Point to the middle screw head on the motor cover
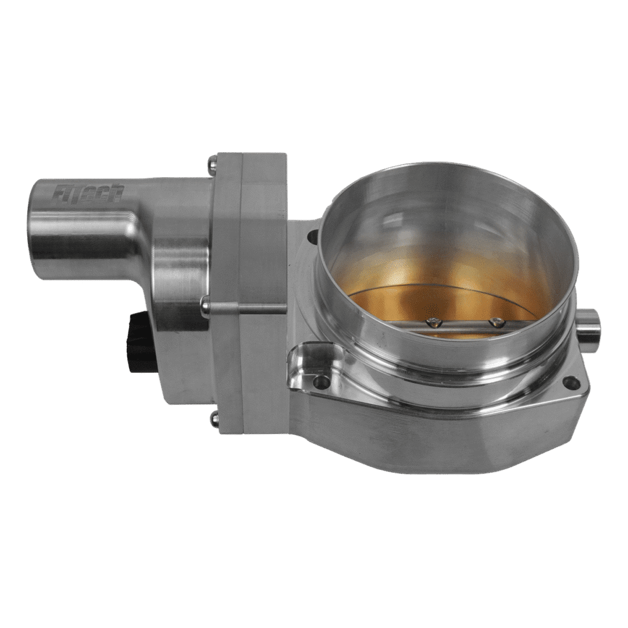[205, 302]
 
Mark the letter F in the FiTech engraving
[58, 191]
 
